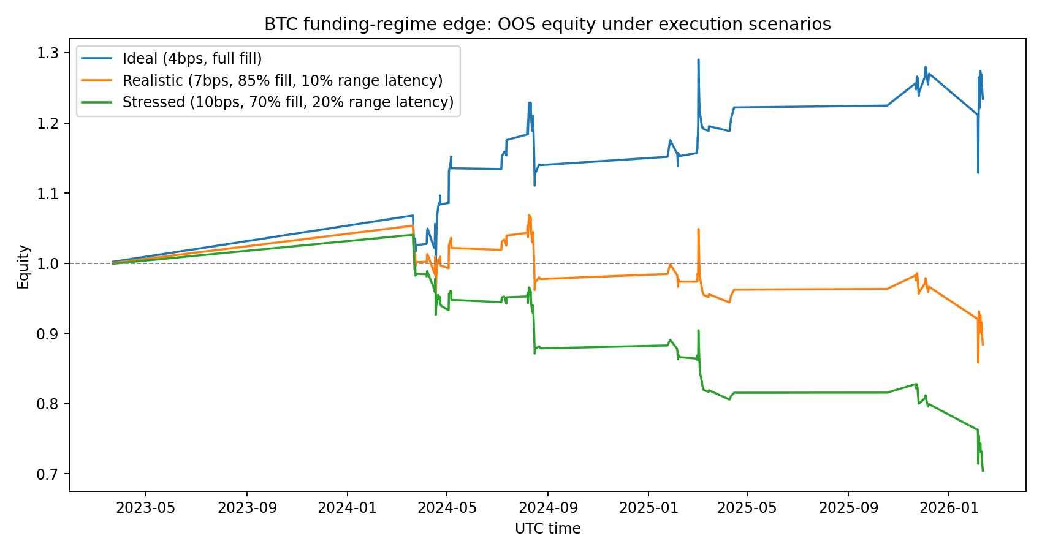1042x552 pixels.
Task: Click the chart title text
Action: (x=547, y=24)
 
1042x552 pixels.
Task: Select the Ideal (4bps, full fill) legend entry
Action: (x=192, y=59)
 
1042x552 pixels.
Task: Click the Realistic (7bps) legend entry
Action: (x=283, y=80)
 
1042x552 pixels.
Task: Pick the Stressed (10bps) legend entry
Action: (x=288, y=102)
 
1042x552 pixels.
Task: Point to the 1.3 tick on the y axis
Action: (x=52, y=53)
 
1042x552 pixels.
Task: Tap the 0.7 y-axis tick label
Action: (x=52, y=474)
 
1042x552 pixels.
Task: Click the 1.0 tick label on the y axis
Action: (x=52, y=263)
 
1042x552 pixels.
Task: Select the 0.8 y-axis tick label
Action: (x=52, y=404)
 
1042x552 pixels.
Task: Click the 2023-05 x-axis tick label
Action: (x=146, y=508)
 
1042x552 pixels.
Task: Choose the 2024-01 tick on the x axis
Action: (x=347, y=508)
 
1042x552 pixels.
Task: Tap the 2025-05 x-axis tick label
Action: (x=747, y=508)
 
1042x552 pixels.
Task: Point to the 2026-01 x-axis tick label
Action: (x=949, y=508)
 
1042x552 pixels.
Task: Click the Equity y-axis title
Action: (x=23, y=267)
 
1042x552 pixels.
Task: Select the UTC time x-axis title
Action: (x=547, y=529)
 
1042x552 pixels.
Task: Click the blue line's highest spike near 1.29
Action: (x=698, y=60)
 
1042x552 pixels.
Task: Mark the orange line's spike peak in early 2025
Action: (x=698, y=229)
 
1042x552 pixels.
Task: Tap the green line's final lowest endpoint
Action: (x=983, y=471)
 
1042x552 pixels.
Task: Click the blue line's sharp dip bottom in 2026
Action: (x=978, y=172)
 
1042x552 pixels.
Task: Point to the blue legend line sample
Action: (x=95, y=59)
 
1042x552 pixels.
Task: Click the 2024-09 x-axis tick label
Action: (x=547, y=508)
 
